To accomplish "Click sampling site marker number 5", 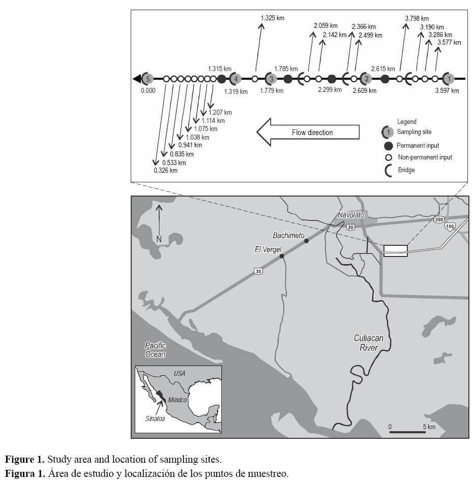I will [x=147, y=79].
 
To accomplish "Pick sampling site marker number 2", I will [x=365, y=79].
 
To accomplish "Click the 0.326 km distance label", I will [x=165, y=171].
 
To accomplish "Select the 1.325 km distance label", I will [x=272, y=18].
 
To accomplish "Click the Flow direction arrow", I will [x=308, y=133].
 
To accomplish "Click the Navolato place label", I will [x=351, y=215].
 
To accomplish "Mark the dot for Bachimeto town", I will [x=306, y=241].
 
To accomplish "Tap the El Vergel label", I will [x=268, y=250].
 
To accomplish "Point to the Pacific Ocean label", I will [x=155, y=350].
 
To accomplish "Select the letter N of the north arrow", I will [x=159, y=239].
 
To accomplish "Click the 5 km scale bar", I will [x=407, y=432].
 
